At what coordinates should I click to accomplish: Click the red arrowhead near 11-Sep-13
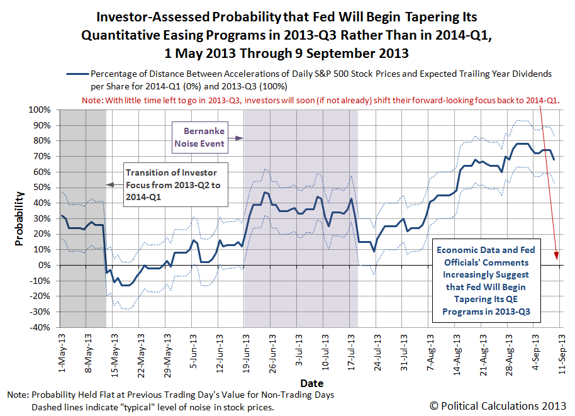click(x=556, y=256)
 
